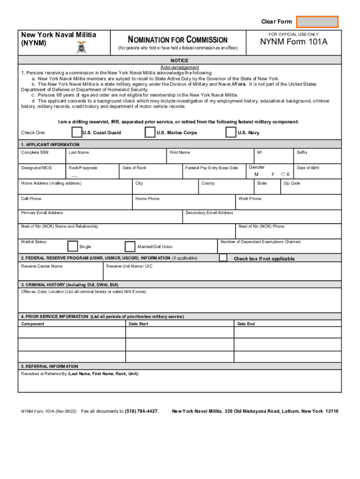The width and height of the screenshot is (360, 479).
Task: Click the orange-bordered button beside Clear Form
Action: coord(317,22)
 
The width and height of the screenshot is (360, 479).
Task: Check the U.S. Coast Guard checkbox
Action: coord(77,132)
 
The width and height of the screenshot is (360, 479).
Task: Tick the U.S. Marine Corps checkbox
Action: coord(150,132)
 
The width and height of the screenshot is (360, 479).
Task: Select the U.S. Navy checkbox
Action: coord(230,132)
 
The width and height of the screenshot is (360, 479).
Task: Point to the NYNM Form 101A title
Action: coord(294,43)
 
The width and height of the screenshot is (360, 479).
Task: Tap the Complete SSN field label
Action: coord(35,152)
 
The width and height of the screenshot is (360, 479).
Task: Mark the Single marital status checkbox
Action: coord(72,246)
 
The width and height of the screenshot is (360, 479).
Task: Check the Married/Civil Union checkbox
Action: coord(130,246)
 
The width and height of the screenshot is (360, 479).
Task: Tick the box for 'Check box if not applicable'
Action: coord(223,258)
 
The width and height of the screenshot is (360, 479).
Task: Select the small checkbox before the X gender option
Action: coord(283,174)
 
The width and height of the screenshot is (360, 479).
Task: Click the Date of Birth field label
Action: coord(308,168)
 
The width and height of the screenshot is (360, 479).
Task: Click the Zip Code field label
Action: coord(292,183)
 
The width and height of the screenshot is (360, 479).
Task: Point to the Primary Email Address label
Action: coord(42,213)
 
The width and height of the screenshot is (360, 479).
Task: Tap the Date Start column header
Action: coord(138,324)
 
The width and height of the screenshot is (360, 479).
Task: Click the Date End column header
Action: coord(246,324)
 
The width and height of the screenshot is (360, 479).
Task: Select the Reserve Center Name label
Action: coord(42,266)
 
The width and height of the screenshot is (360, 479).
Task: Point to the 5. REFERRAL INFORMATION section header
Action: coord(50,366)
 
